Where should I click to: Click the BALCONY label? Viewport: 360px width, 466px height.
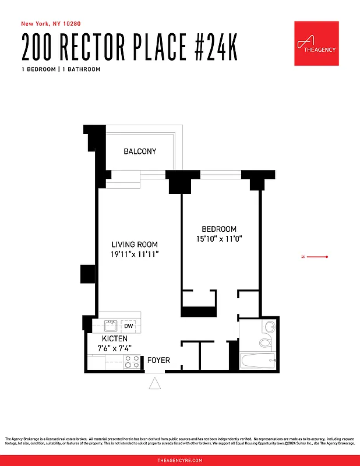click(140, 151)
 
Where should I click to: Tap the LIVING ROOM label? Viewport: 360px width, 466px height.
click(135, 245)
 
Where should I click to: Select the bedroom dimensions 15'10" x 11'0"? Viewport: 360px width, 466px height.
click(219, 238)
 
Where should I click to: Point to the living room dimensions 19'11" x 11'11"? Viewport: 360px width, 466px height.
click(135, 255)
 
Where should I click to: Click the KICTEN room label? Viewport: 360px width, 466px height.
click(115, 338)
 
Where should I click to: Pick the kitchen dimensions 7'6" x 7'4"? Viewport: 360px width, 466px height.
click(115, 348)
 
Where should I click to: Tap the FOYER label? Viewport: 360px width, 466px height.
click(158, 361)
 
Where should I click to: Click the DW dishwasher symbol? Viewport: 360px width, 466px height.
click(129, 326)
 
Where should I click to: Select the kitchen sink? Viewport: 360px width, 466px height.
click(111, 326)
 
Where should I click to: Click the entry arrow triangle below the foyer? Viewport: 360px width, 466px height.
click(155, 383)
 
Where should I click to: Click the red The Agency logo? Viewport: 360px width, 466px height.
click(316, 43)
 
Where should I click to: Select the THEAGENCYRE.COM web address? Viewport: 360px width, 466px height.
click(180, 460)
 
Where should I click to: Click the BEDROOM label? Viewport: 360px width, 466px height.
click(219, 229)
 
